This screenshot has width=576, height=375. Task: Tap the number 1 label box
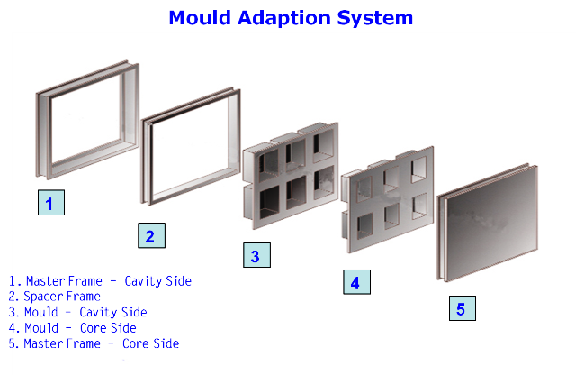(x=50, y=204)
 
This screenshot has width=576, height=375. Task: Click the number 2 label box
(x=150, y=237)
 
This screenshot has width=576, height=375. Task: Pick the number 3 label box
(x=256, y=256)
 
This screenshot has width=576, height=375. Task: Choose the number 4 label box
(x=355, y=282)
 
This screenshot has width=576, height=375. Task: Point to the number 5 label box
(x=461, y=309)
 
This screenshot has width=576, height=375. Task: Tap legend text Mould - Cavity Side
(x=85, y=312)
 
